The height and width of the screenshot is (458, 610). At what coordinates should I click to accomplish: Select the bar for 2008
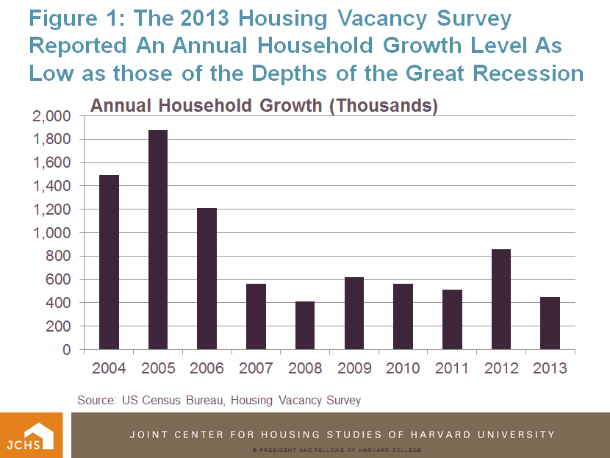(x=304, y=326)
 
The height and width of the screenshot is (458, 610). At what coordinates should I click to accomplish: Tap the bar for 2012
(x=500, y=299)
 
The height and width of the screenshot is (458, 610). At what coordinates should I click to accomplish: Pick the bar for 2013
(x=550, y=323)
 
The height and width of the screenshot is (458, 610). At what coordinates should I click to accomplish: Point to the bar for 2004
(x=109, y=262)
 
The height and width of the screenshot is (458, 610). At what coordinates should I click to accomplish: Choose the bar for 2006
(x=207, y=279)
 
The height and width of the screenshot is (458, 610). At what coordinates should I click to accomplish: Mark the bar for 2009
(x=354, y=313)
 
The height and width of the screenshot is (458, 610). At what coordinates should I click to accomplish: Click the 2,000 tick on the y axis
(x=51, y=116)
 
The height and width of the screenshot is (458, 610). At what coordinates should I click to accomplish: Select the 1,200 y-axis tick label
(x=51, y=210)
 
